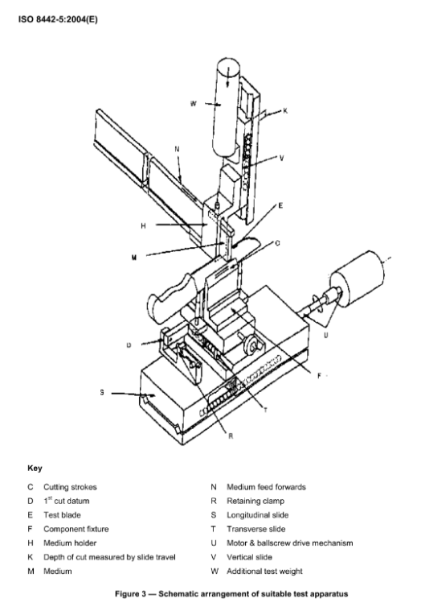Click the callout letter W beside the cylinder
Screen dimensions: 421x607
tap(193, 103)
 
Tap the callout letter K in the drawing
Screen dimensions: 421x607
tap(285, 111)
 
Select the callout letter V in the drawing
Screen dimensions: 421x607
tap(281, 158)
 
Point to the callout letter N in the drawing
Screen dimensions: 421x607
tap(177, 149)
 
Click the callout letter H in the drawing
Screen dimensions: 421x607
tap(143, 225)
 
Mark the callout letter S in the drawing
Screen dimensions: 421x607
tap(102, 393)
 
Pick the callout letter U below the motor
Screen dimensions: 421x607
tap(325, 335)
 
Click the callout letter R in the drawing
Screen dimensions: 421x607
tap(231, 436)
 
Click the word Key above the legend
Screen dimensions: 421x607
tap(35, 468)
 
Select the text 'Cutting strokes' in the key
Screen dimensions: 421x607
tap(70, 487)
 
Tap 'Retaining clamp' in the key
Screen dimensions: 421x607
tap(255, 501)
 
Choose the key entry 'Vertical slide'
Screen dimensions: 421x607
tap(249, 557)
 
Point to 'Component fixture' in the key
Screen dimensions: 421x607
tap(76, 529)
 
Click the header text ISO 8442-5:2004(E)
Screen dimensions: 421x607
tap(58, 19)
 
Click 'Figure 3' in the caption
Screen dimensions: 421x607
tap(130, 594)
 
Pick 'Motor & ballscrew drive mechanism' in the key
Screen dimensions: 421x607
tap(290, 543)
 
